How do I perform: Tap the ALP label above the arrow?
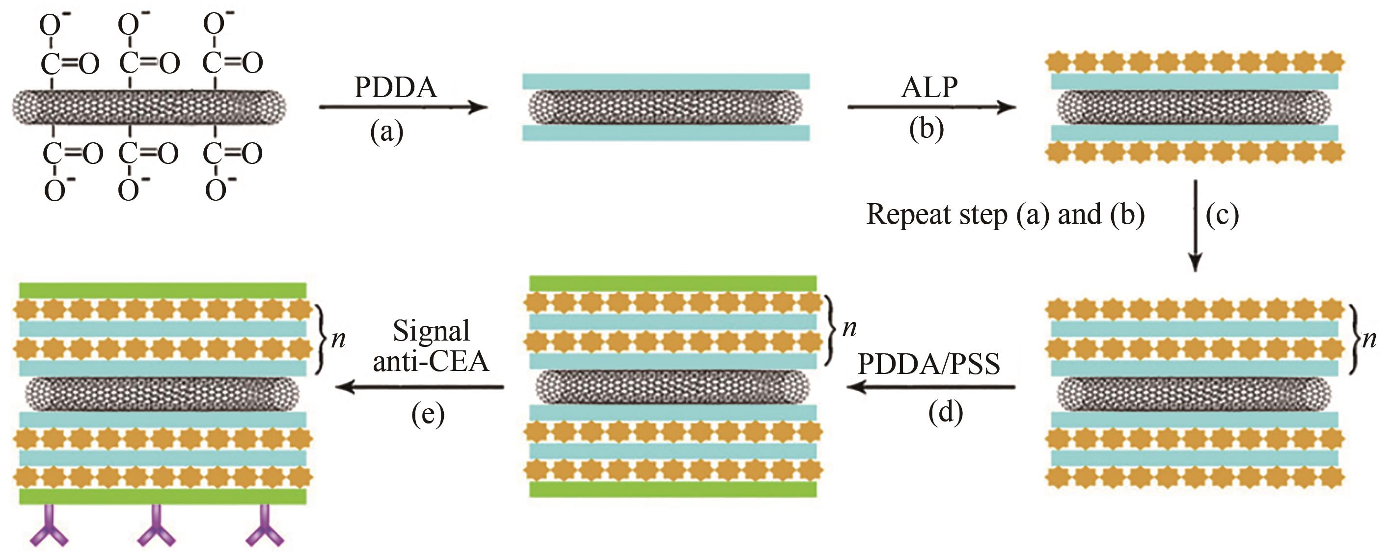(x=929, y=87)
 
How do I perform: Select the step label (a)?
(x=386, y=131)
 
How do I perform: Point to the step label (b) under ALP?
(x=926, y=130)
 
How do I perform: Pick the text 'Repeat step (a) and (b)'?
(x=1005, y=214)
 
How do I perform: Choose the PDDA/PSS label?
(x=928, y=365)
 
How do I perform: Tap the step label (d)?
(x=945, y=413)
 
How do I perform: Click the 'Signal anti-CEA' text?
(x=431, y=346)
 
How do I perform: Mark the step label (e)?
(x=428, y=415)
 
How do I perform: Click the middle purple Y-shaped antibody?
(x=156, y=526)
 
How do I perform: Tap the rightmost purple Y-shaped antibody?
(x=264, y=526)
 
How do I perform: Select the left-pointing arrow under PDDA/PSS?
(x=930, y=387)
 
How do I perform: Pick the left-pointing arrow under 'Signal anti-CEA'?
(x=420, y=387)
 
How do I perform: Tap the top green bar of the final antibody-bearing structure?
(x=163, y=290)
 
